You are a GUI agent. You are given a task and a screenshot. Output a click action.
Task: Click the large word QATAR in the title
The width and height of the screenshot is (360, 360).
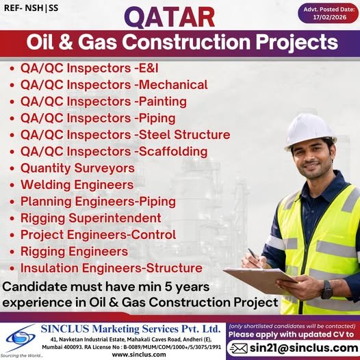point(181,15)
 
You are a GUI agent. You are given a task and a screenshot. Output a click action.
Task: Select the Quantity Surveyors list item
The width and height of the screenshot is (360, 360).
point(77,168)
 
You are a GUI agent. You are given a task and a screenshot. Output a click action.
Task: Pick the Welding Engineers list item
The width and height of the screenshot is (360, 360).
point(77,185)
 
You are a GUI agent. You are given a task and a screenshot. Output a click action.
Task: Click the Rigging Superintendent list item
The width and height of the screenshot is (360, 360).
point(91,218)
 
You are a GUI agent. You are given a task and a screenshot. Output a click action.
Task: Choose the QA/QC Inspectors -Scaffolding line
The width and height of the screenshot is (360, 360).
point(114,151)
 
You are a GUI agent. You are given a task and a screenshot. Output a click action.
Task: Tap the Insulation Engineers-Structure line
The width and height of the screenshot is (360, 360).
point(111,268)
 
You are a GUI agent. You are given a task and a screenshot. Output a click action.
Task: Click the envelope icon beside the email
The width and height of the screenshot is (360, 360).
point(237,348)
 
